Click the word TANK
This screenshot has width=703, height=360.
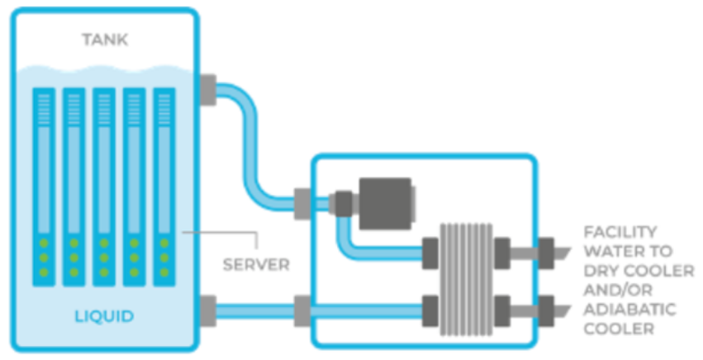click(105, 40)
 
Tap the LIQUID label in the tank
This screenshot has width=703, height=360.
click(104, 316)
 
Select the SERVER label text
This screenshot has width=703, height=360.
click(256, 264)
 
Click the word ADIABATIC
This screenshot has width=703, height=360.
click(629, 310)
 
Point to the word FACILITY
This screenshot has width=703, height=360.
click(620, 232)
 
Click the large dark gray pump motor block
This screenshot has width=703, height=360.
click(387, 204)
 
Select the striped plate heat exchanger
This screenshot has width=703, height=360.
click(466, 279)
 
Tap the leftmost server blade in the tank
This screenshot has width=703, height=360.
click(44, 187)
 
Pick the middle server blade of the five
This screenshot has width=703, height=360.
click(104, 187)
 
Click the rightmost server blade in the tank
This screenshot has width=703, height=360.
click(164, 187)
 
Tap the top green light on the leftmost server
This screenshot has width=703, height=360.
click(44, 244)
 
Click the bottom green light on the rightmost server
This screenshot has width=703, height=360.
click(164, 272)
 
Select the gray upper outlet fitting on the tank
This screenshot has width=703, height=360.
click(207, 90)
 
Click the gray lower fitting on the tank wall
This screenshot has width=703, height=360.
click(207, 311)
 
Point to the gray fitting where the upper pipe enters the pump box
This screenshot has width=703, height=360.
click(302, 204)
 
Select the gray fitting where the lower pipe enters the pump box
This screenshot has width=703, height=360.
click(302, 311)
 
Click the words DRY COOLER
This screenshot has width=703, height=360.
click(639, 270)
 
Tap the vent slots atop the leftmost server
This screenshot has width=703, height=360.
click(44, 109)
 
